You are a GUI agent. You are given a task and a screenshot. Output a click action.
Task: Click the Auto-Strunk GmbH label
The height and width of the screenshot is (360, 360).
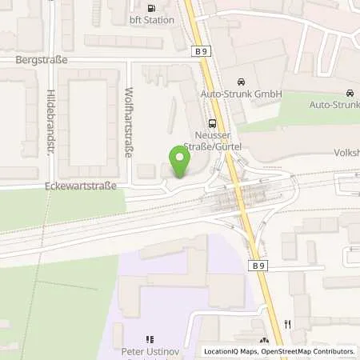click(253, 94)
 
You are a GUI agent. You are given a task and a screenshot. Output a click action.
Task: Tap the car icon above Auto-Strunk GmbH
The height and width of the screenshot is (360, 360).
click(240, 82)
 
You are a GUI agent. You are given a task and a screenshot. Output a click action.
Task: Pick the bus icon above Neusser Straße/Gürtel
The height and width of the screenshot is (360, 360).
click(212, 123)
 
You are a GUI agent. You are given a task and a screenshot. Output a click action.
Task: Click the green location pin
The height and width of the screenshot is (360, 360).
click(181, 162)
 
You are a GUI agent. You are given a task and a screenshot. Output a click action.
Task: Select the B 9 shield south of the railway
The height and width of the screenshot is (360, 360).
click(257, 265)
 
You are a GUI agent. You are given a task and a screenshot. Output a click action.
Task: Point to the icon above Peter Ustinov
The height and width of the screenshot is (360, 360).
click(148, 340)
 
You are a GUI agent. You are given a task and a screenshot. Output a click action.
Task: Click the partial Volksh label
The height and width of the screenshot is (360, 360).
click(345, 151)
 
